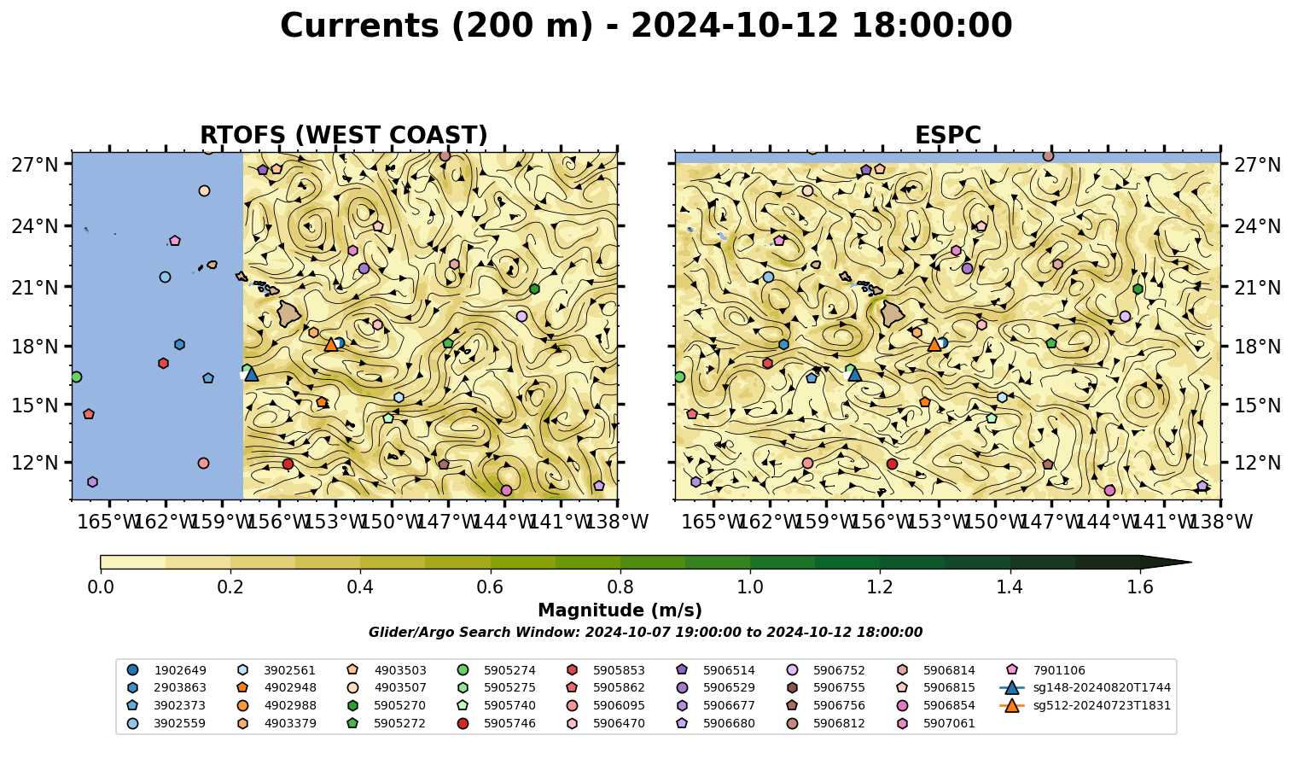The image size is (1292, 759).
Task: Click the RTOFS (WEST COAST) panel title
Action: click(x=344, y=135)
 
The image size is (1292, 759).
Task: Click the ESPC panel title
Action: click(x=947, y=135)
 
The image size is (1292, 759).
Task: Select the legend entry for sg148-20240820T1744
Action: click(x=1085, y=687)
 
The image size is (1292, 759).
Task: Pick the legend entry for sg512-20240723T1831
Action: click(x=1085, y=705)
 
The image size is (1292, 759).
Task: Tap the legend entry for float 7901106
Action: click(x=1045, y=670)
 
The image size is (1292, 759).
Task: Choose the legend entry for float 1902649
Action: click(x=166, y=670)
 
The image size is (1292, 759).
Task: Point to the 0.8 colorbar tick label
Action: click(x=620, y=587)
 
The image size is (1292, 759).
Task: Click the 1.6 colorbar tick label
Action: click(x=1140, y=587)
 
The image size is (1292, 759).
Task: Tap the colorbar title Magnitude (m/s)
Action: click(x=620, y=610)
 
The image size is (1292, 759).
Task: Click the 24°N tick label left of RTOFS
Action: click(x=35, y=226)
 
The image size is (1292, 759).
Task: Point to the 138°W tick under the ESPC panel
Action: click(x=1220, y=522)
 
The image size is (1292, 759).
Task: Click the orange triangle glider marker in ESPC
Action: click(x=934, y=345)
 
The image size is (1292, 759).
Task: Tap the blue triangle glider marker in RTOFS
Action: click(x=252, y=374)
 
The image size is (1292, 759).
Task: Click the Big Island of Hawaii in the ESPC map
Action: click(x=893, y=314)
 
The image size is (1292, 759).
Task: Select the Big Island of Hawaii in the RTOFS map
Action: click(x=289, y=314)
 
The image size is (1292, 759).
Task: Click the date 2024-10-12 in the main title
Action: click(x=734, y=26)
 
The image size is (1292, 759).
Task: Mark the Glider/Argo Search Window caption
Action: click(x=645, y=632)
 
